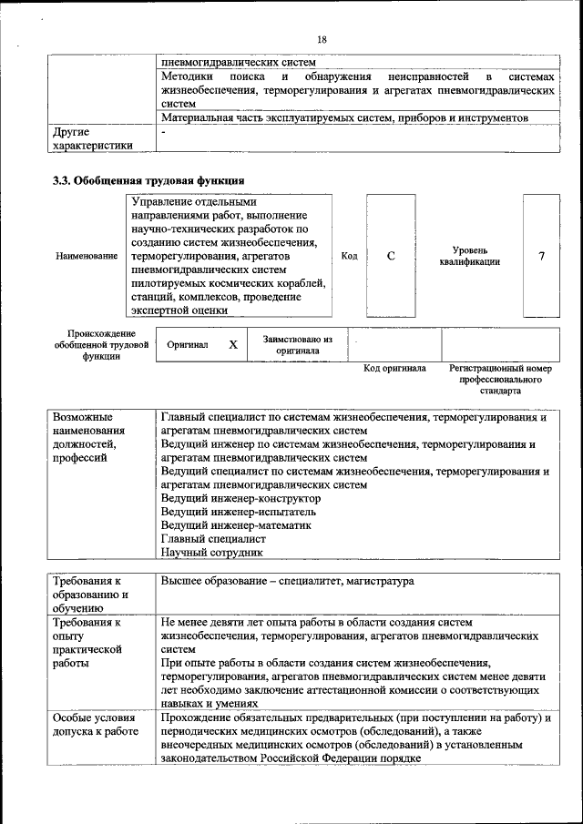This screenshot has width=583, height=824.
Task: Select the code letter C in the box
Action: [390, 256]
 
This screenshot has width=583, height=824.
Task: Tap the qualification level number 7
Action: [541, 256]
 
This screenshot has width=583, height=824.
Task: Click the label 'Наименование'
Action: [87, 257]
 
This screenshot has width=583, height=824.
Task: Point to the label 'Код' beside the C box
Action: [349, 256]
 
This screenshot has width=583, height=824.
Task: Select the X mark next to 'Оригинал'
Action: [232, 345]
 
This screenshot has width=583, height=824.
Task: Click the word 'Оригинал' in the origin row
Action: [188, 346]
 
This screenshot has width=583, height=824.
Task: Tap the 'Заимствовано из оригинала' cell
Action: [298, 344]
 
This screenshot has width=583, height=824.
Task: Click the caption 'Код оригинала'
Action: [394, 369]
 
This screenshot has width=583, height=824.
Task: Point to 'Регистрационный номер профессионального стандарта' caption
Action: [501, 380]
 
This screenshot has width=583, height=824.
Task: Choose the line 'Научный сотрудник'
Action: [211, 552]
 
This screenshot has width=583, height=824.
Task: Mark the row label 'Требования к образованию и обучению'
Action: [91, 595]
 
